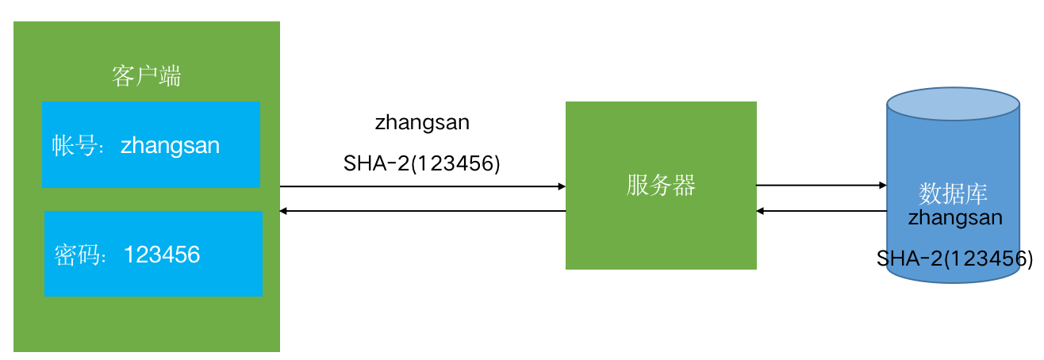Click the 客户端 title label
point(146,77)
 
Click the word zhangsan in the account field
point(170,146)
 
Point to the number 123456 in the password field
point(163,255)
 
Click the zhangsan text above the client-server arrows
point(422,123)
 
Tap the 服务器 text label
point(660,186)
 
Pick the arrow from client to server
point(420,186)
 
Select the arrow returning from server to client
point(420,211)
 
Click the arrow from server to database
point(820,186)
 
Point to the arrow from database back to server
point(820,211)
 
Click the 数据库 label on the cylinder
point(953,193)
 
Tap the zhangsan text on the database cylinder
point(955,216)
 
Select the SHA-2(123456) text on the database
point(954,259)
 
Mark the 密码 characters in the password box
point(76,255)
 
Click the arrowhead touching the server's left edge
point(561,186)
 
